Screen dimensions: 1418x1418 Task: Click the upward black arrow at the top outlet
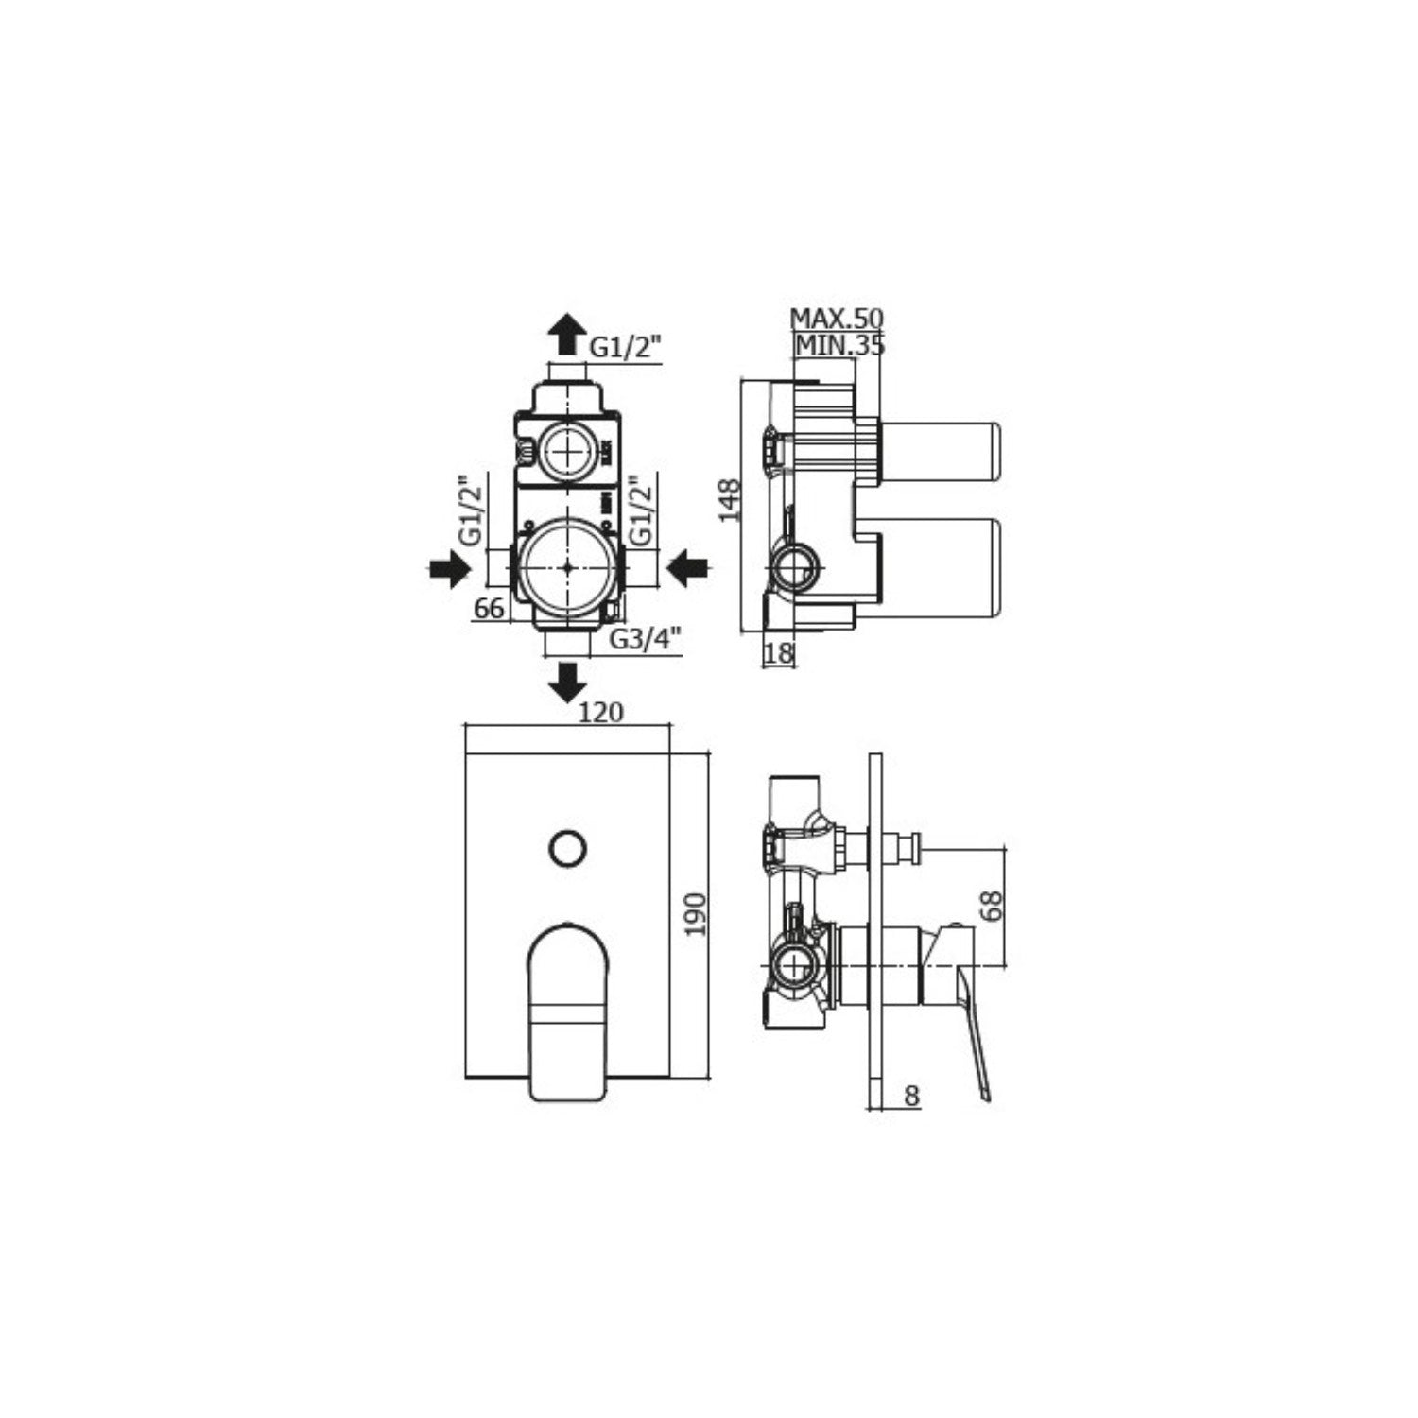(567, 332)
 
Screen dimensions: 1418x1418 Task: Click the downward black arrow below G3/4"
(567, 682)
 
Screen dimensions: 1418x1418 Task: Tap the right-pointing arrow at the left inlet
(448, 569)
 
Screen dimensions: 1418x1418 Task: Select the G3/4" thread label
(645, 639)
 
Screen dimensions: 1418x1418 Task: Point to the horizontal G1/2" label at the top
(625, 347)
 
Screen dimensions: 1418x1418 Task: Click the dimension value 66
(489, 609)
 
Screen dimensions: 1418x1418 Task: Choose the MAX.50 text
(836, 318)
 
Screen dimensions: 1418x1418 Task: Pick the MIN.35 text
(839, 346)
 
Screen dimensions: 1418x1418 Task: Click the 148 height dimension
(729, 501)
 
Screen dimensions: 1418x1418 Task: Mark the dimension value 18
(779, 652)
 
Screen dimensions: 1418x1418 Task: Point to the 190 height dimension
(696, 914)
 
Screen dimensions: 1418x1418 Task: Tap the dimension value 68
(991, 905)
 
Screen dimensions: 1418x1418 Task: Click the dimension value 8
(911, 1096)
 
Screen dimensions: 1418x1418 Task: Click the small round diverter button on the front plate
(567, 847)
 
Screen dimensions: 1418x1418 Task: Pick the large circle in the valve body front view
(566, 568)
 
